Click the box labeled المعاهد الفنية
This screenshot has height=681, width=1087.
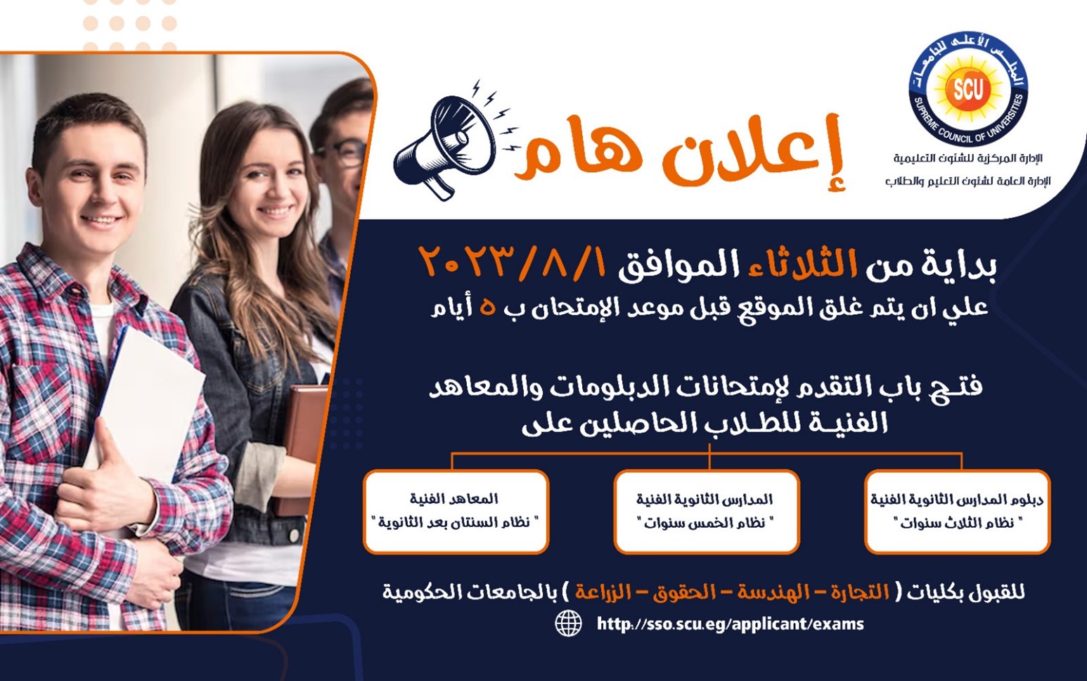pyautogui.click(x=456, y=511)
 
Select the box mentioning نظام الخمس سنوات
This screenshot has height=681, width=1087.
pyautogui.click(x=706, y=511)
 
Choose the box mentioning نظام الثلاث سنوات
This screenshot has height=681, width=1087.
pyautogui.click(x=957, y=511)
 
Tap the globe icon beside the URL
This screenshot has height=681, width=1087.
pyautogui.click(x=569, y=623)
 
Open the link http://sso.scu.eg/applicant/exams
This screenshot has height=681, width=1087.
pyautogui.click(x=730, y=624)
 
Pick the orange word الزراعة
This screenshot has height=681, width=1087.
pyautogui.click(x=603, y=592)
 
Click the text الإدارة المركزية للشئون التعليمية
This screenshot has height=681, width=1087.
pyautogui.click(x=968, y=159)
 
